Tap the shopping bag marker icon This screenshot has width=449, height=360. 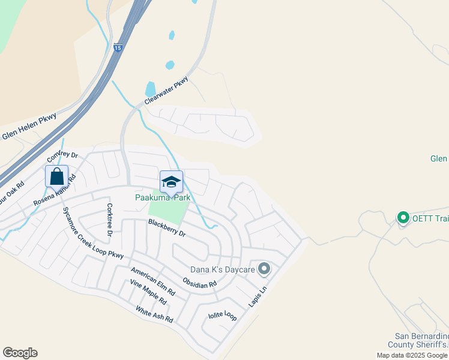point(56,177)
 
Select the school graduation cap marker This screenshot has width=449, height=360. point(171,181)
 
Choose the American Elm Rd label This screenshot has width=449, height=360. point(153,281)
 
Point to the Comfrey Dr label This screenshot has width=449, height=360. point(62,159)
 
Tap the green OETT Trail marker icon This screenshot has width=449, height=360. point(403,217)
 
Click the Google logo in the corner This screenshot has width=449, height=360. point(20,353)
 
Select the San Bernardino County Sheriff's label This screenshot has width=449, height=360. point(421,340)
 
